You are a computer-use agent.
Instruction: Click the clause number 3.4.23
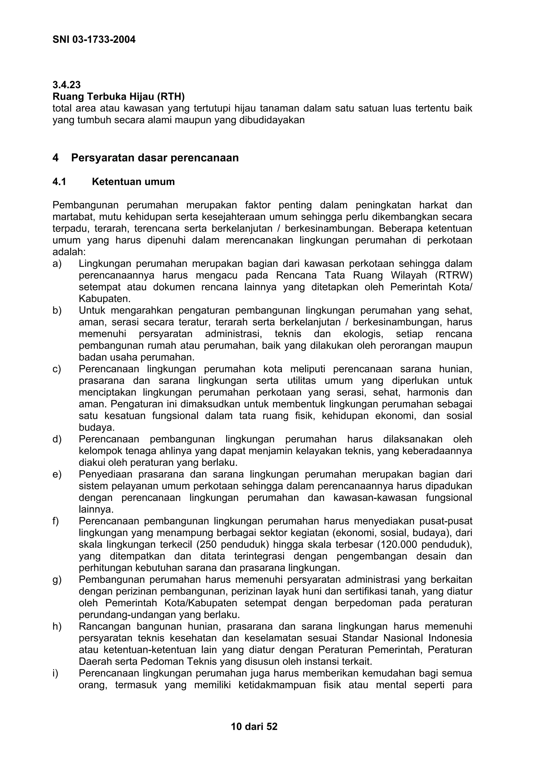click(66, 85)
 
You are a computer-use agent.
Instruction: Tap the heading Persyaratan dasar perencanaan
click(155, 158)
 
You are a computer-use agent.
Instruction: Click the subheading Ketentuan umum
click(133, 182)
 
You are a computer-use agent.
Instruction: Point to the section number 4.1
click(59, 182)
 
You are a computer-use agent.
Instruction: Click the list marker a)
click(57, 264)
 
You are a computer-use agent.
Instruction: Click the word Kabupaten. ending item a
click(105, 299)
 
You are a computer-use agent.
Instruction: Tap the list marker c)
click(57, 369)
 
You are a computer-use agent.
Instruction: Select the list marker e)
click(57, 474)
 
